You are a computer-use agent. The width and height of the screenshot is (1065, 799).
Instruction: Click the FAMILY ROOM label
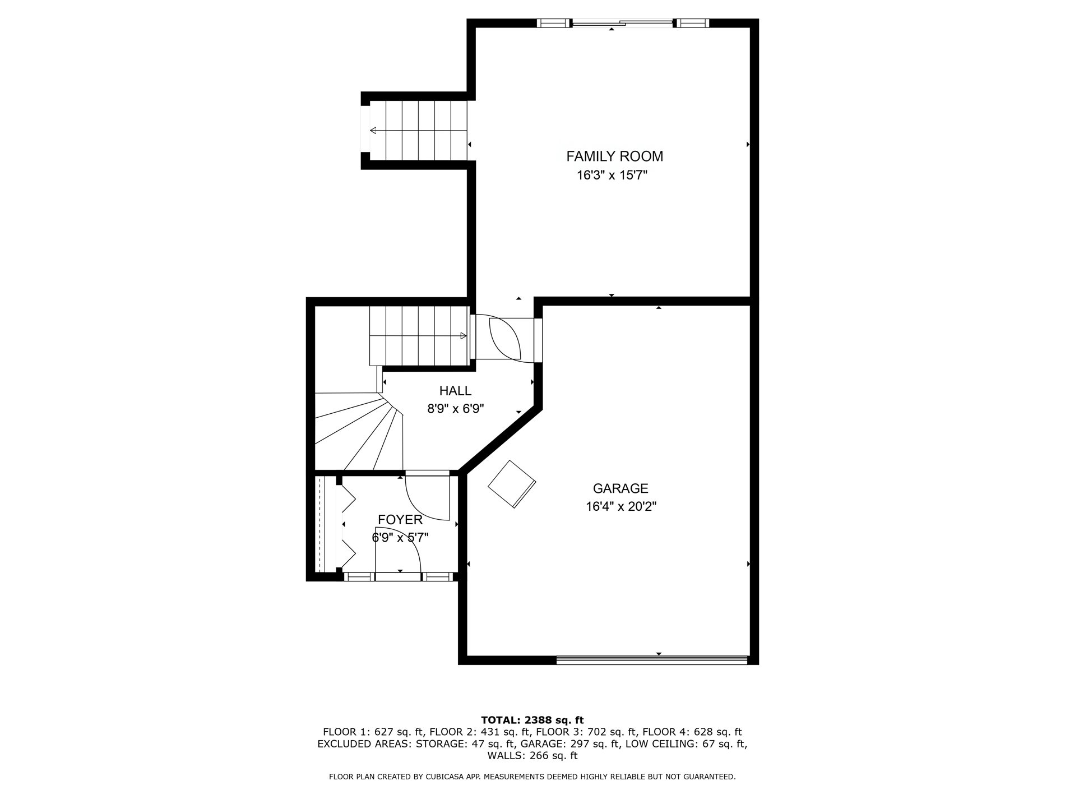[x=614, y=156]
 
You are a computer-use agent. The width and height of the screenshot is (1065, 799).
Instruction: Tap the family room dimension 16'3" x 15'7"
[x=612, y=175]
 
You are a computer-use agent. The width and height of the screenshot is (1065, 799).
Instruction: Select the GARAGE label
[x=621, y=488]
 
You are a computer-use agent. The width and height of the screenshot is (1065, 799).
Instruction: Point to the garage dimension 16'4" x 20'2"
[x=621, y=507]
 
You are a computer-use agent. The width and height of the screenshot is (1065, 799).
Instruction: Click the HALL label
[x=455, y=391]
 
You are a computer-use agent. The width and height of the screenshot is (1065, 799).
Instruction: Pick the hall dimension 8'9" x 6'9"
[x=456, y=409]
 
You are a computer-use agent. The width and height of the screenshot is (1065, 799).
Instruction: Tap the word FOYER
[x=400, y=520]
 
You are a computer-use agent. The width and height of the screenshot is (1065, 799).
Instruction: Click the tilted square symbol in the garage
[x=512, y=484]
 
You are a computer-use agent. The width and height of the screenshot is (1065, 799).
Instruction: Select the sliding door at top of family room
[x=622, y=23]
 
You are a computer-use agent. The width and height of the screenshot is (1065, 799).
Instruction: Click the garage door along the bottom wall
[x=652, y=660]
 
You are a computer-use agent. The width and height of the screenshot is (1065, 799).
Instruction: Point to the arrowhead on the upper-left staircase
[x=373, y=131]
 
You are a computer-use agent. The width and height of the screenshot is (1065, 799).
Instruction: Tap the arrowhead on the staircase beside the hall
[x=463, y=336]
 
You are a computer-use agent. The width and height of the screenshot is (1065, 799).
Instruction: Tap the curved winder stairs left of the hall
[x=359, y=432]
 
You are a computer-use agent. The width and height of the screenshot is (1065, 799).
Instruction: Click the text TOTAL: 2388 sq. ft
[x=532, y=720]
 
